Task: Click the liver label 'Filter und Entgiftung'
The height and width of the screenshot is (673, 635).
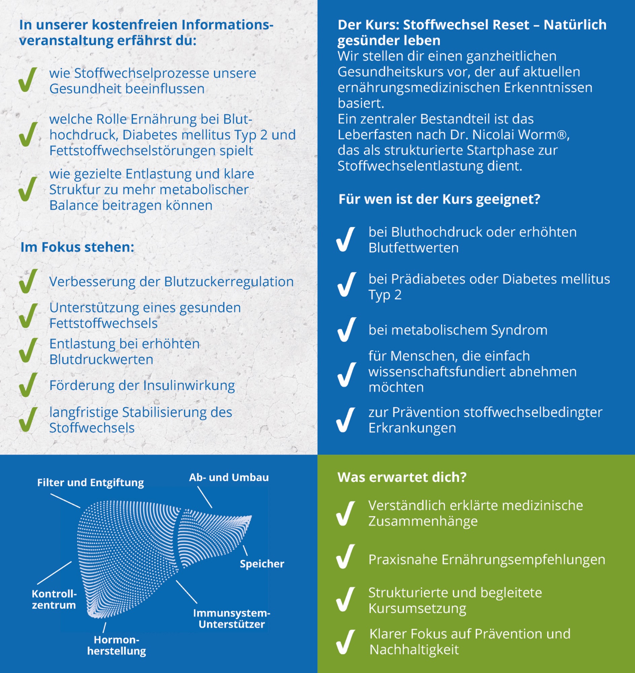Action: coord(91,483)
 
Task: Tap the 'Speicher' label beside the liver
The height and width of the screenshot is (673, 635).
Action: coord(262,564)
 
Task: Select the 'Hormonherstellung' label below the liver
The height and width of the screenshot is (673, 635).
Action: coord(116,645)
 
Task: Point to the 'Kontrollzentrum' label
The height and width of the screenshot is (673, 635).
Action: coord(54,599)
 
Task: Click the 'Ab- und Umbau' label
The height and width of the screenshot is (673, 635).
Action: coord(229,477)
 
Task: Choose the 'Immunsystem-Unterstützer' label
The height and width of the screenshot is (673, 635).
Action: coord(232,618)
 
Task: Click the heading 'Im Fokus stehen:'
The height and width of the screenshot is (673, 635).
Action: coord(77,247)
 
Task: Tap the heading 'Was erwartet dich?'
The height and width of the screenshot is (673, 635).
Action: coord(402,477)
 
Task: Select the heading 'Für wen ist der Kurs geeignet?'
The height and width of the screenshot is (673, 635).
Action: coord(439,199)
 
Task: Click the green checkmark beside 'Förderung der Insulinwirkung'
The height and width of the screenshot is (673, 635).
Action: coord(28,385)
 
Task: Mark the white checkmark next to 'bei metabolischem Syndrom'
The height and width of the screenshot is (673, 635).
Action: coord(346,329)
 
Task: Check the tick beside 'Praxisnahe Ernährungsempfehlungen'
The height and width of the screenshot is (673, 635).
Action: coord(346,557)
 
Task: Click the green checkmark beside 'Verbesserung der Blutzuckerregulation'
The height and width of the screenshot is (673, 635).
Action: coord(28,281)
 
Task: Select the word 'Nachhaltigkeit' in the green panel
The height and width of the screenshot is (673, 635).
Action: coord(414,649)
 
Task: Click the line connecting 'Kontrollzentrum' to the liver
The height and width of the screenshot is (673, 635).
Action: coord(54,573)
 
